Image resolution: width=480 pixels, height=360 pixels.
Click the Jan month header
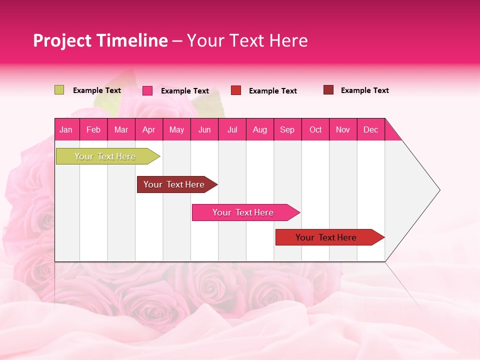tap(66, 129)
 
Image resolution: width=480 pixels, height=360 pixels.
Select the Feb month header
tap(93, 129)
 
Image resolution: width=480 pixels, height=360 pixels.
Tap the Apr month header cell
tap(149, 129)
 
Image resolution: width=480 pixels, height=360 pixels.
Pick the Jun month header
tap(204, 129)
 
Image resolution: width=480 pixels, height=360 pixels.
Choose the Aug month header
tap(260, 129)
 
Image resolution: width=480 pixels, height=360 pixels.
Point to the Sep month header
tap(287, 129)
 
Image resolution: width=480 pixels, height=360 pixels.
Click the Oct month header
tap(315, 129)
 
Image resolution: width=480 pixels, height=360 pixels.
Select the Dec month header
tap(371, 129)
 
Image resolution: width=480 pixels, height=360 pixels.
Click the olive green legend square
tap(59, 90)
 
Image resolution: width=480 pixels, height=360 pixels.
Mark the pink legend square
tap(147, 90)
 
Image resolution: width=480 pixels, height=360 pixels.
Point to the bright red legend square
tap(236, 90)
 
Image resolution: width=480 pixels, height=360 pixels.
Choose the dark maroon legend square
tap(328, 90)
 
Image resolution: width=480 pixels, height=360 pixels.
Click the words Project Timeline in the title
tap(100, 40)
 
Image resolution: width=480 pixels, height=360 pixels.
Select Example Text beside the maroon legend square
tap(364, 90)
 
